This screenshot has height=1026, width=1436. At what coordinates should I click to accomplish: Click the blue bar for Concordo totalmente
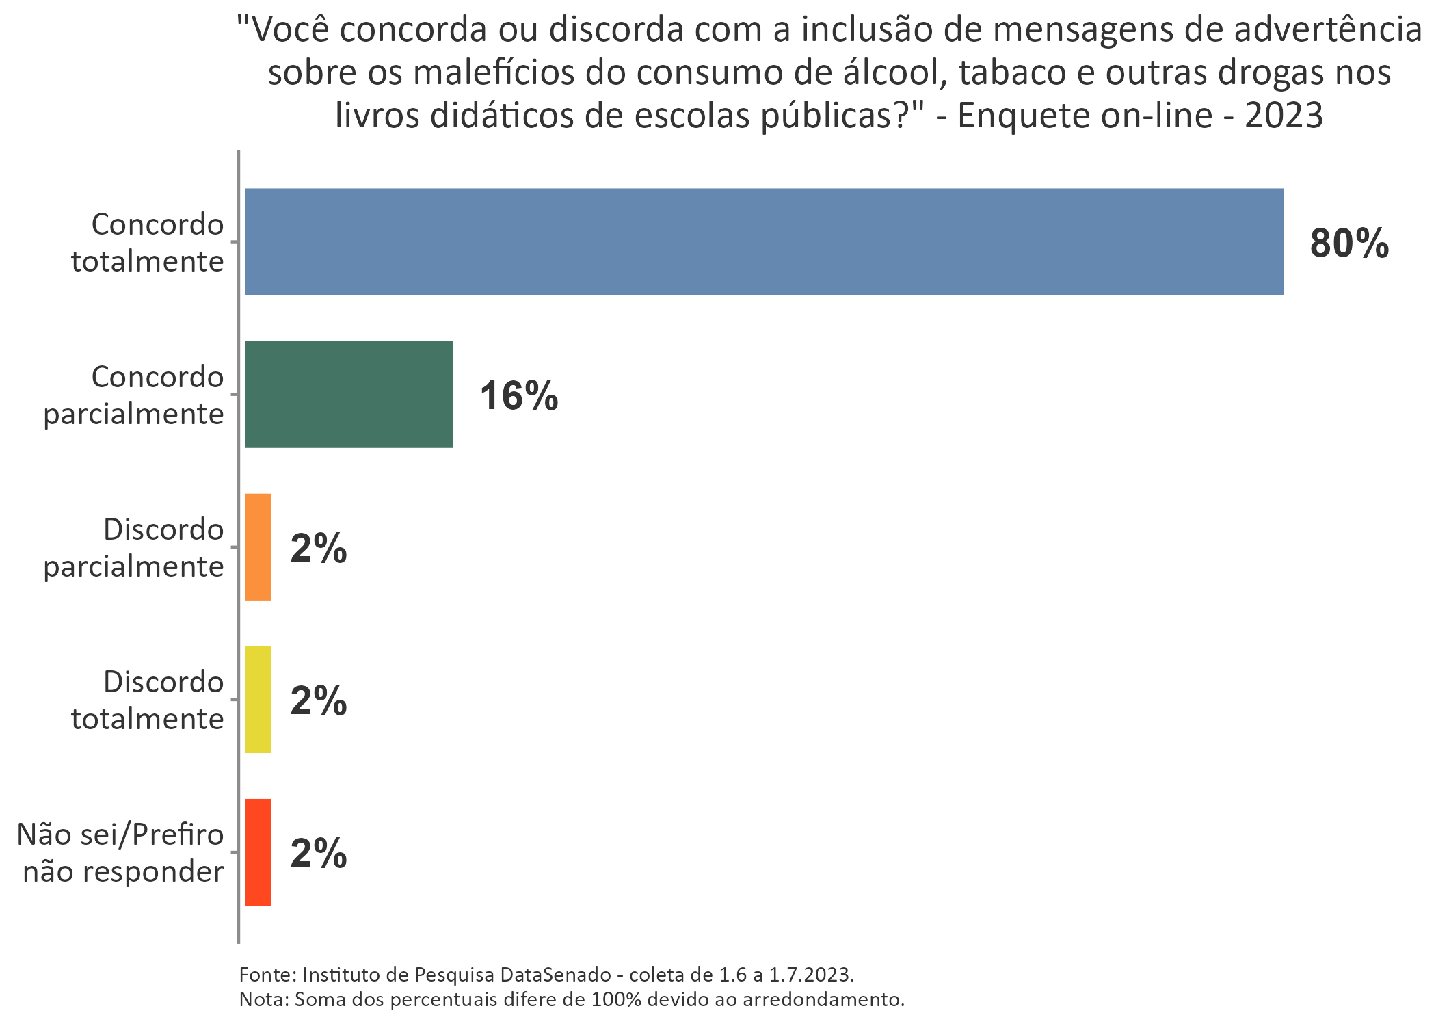(764, 241)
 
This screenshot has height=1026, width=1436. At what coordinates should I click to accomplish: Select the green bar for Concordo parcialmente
(349, 394)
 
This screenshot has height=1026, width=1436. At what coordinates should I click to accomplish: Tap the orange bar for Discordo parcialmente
(258, 547)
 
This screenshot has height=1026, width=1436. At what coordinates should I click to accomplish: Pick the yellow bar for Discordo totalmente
(258, 699)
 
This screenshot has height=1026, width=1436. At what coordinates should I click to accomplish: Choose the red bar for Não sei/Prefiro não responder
(258, 852)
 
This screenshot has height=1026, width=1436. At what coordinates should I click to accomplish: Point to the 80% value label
(1349, 244)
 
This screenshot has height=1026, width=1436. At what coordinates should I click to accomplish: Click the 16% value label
(518, 396)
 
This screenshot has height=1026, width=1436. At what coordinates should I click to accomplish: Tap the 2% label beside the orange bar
(319, 549)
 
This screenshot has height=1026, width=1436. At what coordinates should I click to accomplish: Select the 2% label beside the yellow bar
(319, 701)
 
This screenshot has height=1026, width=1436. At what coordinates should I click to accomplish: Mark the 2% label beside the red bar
(319, 854)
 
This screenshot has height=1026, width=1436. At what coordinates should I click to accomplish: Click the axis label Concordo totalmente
(148, 243)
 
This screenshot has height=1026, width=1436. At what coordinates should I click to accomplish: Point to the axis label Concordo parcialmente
(134, 395)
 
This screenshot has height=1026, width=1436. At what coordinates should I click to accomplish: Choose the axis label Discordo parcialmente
(134, 548)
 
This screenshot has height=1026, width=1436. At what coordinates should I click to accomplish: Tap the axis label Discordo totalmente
(148, 700)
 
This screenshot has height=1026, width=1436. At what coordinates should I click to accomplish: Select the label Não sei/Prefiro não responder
(121, 853)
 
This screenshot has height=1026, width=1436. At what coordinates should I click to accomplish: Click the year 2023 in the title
(1284, 116)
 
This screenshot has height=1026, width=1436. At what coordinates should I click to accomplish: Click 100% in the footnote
(616, 999)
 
